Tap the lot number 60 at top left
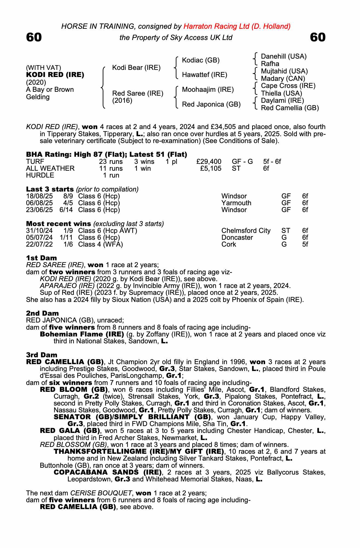(34, 38)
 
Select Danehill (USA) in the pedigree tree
(284, 56)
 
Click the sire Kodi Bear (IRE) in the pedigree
(136, 67)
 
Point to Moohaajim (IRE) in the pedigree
(208, 90)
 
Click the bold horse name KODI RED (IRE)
(55, 75)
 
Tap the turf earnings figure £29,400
(209, 162)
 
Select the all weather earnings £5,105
(211, 169)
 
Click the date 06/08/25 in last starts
(39, 203)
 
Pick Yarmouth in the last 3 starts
(236, 203)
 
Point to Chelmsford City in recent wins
(246, 231)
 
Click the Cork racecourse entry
(229, 244)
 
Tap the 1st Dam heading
(42, 258)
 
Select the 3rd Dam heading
(42, 355)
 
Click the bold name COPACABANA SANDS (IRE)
(108, 472)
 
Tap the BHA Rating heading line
(106, 155)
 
